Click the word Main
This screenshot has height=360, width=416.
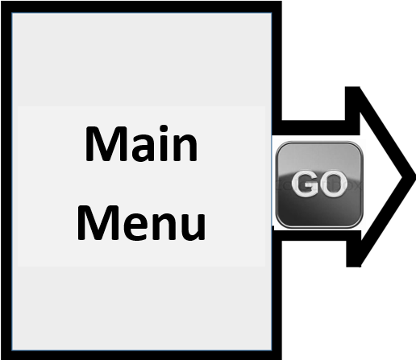[141, 143]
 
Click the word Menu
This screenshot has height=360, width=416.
[141, 223]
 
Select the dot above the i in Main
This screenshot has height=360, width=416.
[164, 129]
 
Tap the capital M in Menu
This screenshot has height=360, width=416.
[98, 223]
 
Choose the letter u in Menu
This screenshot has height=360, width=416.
[193, 227]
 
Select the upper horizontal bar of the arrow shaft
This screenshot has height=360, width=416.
[316, 128]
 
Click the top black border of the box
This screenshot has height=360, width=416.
[141, 6]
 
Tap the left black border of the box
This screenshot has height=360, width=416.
[6, 180]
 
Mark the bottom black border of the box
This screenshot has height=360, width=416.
[141, 355]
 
